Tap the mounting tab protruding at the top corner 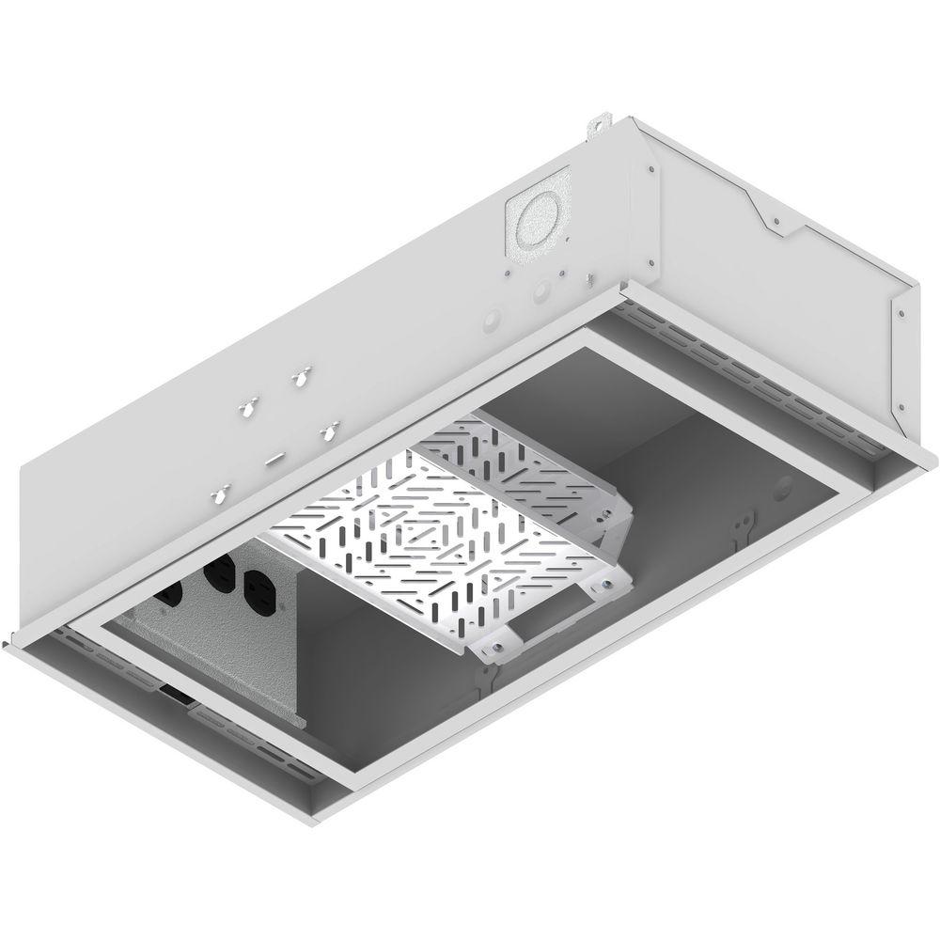click(x=595, y=125)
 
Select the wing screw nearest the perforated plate click(x=329, y=431)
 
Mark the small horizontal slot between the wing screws click(x=276, y=459)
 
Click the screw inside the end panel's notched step click(x=775, y=223)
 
